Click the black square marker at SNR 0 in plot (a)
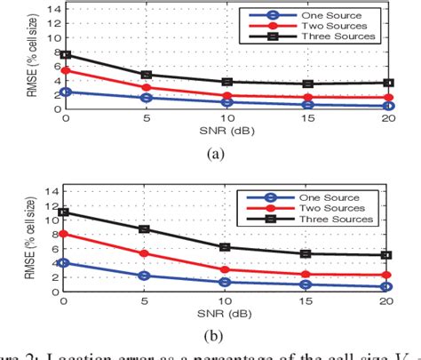(x=64, y=55)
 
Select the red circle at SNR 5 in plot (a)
(x=146, y=87)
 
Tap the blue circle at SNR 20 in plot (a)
(x=389, y=106)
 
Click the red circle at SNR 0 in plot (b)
(x=64, y=235)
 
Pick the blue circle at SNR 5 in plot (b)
(x=146, y=276)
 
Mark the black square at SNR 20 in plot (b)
(x=389, y=255)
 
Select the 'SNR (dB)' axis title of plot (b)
(x=227, y=312)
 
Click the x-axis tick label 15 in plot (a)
(x=307, y=118)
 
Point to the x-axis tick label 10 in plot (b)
(x=226, y=300)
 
